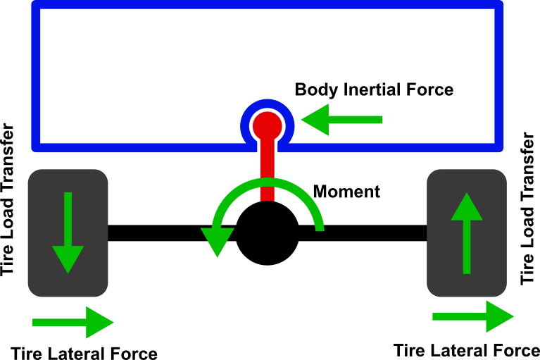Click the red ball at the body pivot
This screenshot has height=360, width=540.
(x=268, y=125)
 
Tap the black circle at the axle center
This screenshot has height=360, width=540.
(x=268, y=233)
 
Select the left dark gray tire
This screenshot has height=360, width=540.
(x=68, y=233)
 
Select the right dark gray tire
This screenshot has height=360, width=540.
(x=467, y=233)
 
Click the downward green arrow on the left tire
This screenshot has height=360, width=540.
(x=68, y=233)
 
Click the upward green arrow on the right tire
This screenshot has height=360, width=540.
(x=467, y=233)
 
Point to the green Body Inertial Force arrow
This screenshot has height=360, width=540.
(x=341, y=120)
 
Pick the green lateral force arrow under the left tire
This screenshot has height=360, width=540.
(x=73, y=323)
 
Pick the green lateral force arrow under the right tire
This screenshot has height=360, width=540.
(x=473, y=316)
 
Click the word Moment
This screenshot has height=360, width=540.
(x=346, y=192)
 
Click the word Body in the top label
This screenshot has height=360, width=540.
(x=317, y=90)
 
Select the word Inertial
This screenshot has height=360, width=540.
(x=372, y=89)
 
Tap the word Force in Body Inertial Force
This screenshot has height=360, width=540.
(x=429, y=89)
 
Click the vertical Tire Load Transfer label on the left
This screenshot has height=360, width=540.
(x=7, y=199)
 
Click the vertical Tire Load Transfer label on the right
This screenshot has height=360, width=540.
(x=527, y=209)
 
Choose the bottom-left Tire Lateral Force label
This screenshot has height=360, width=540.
(x=84, y=354)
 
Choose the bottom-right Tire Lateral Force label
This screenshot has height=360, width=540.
(x=467, y=350)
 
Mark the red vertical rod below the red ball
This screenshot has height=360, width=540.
(x=268, y=170)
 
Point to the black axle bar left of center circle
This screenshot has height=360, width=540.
(x=172, y=233)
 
